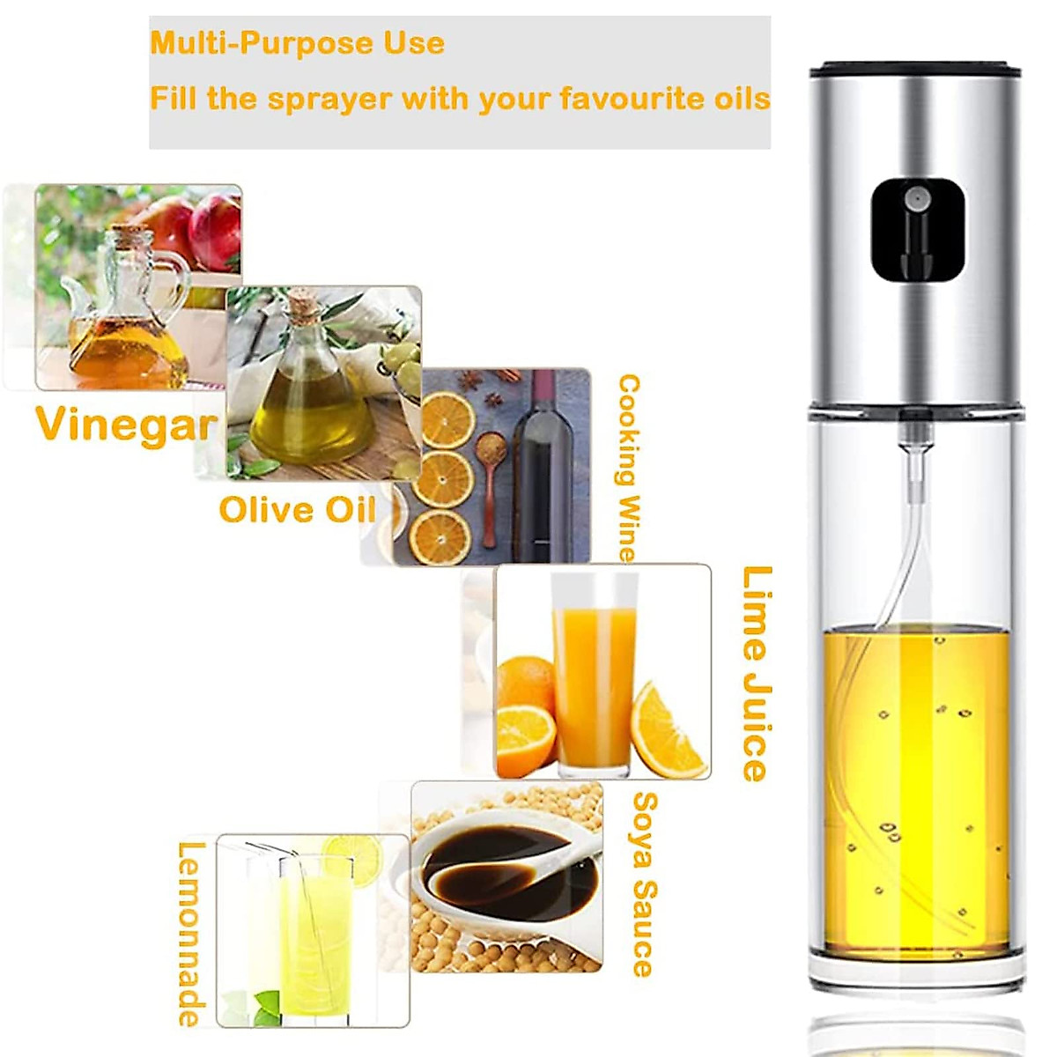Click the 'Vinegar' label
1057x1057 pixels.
(x=125, y=425)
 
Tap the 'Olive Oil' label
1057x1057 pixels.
(x=298, y=510)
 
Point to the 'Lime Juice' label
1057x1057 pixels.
(x=756, y=674)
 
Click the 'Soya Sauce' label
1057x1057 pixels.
(x=645, y=884)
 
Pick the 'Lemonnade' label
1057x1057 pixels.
(x=191, y=934)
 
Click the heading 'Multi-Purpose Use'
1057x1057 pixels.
(x=297, y=43)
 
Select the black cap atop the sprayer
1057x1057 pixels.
(x=916, y=67)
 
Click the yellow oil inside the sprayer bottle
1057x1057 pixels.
(x=916, y=793)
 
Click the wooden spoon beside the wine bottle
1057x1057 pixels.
(x=490, y=476)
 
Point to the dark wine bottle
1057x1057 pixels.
(x=543, y=476)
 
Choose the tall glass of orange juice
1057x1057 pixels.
(x=594, y=678)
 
